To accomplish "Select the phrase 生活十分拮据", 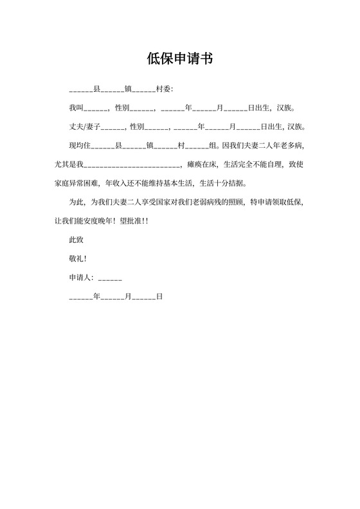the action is pyautogui.click(x=222, y=182).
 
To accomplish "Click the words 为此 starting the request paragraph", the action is pyautogui.click(x=76, y=202).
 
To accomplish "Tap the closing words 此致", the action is pyautogui.click(x=76, y=240).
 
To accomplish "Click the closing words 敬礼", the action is pyautogui.click(x=76, y=258).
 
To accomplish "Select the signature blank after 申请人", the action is pyautogui.click(x=110, y=279).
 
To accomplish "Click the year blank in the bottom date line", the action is pyautogui.click(x=81, y=298).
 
